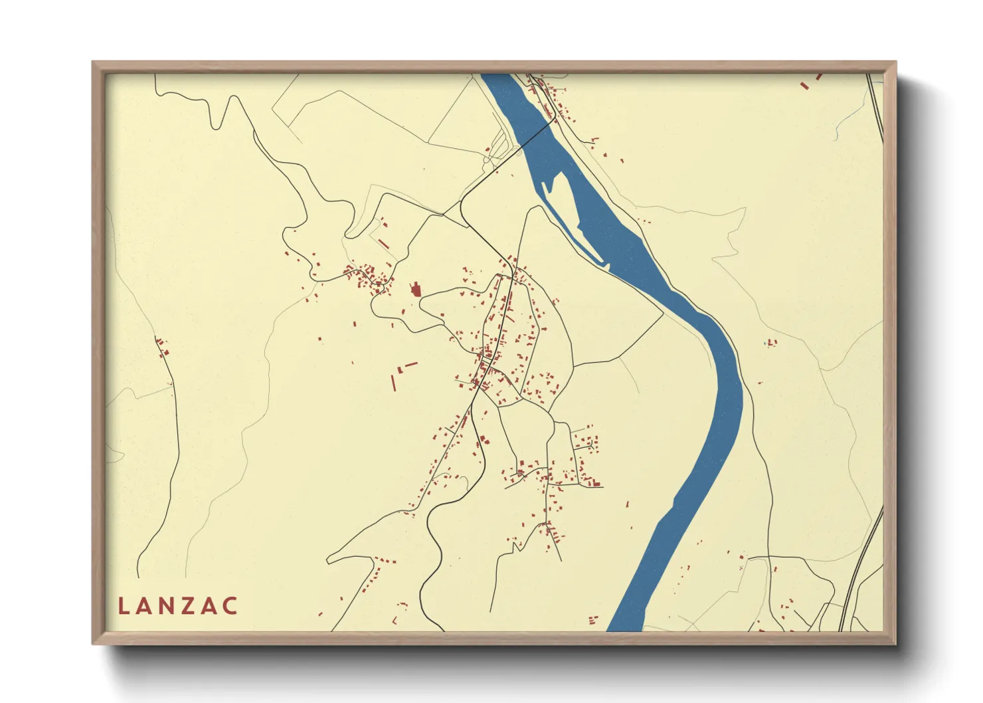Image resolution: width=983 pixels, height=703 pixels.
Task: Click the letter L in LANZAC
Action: (x=123, y=606)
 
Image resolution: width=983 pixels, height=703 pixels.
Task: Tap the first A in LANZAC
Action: (x=145, y=606)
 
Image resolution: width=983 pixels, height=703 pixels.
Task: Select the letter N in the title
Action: (x=167, y=606)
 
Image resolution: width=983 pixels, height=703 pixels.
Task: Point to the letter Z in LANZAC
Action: (x=189, y=606)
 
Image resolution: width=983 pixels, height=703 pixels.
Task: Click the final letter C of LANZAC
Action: (x=230, y=606)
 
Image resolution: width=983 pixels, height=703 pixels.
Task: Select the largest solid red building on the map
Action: (x=416, y=290)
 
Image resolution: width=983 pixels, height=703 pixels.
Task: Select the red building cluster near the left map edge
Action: (x=161, y=347)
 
